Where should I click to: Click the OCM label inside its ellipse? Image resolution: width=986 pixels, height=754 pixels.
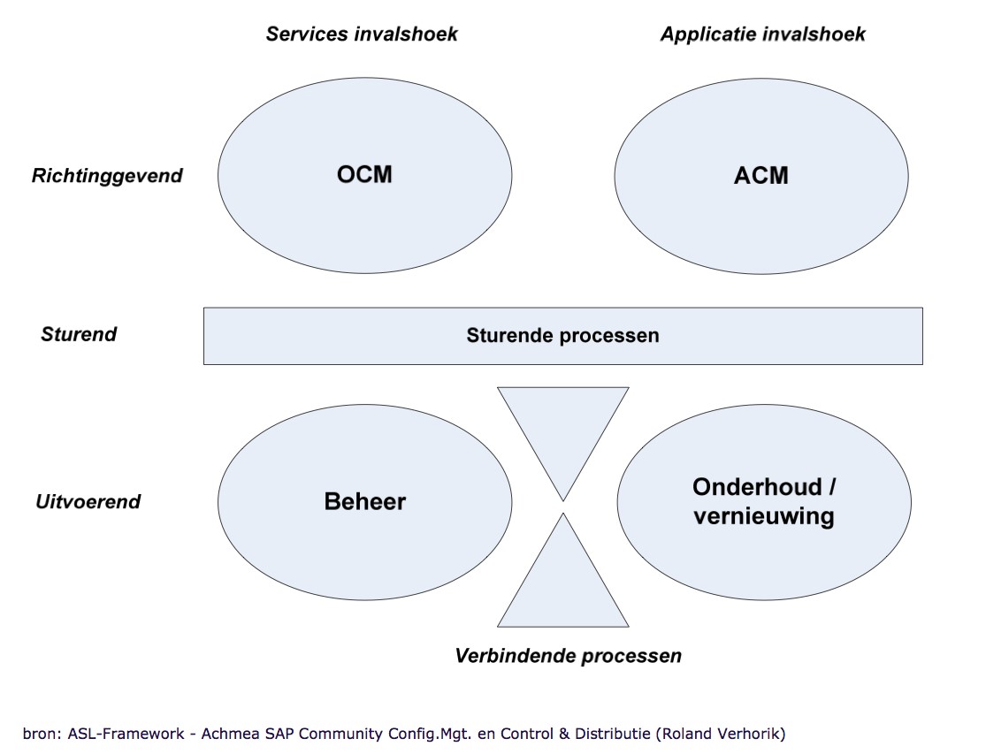364,174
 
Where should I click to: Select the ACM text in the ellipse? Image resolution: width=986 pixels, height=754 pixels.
761,175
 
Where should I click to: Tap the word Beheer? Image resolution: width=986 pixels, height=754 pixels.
364,501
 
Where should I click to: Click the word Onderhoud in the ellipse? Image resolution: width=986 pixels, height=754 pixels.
757,487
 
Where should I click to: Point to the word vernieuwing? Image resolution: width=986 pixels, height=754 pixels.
764,516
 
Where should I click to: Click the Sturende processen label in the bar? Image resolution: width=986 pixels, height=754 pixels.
562,336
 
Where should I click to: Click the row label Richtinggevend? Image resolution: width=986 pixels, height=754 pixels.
107,176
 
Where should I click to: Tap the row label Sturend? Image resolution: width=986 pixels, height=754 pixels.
79,334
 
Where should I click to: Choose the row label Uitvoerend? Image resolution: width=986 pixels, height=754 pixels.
88,501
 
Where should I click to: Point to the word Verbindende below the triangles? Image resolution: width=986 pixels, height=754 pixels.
515,656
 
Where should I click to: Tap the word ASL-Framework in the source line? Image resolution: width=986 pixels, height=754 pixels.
126,734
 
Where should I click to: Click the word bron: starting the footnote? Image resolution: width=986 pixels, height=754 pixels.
42,734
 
